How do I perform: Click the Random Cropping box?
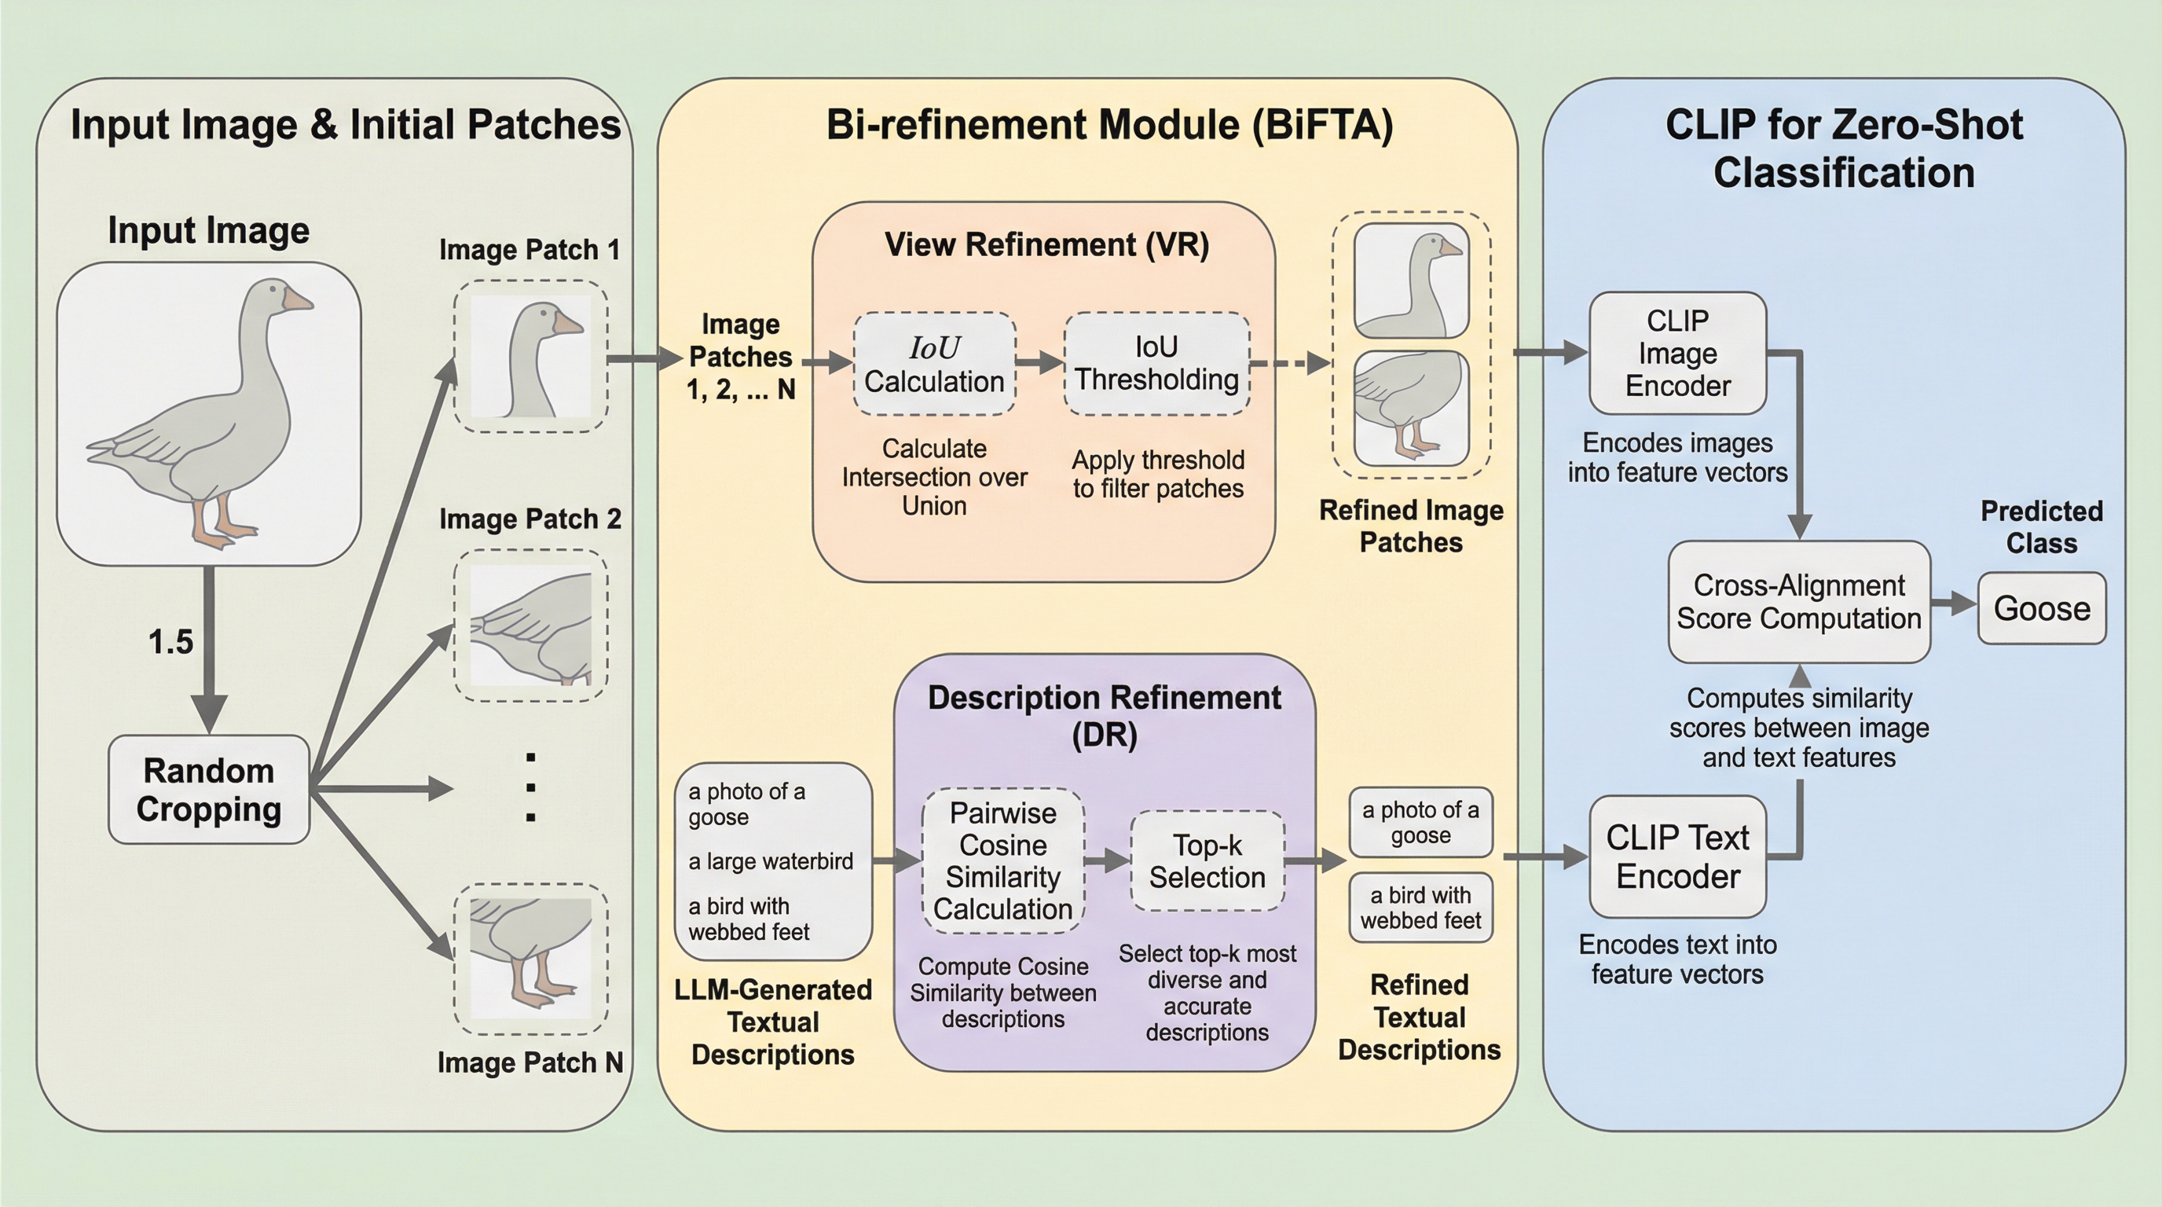[209, 789]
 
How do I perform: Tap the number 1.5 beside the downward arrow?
[170, 642]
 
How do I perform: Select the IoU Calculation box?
[934, 365]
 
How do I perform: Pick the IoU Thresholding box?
[1156, 364]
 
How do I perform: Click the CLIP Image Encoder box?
[1677, 354]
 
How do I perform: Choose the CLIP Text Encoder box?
[1677, 857]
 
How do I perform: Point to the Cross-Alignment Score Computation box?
[1798, 602]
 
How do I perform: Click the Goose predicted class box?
[2041, 608]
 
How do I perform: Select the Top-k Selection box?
[1207, 861]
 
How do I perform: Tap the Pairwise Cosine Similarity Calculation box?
[1003, 861]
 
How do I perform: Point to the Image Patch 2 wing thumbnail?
[530, 626]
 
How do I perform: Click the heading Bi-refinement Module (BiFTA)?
[1109, 125]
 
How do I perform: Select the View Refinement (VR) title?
[1046, 245]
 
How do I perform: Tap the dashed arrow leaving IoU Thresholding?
[1290, 364]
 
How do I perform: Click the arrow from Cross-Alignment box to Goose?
[1954, 603]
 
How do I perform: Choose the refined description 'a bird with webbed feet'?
[1420, 908]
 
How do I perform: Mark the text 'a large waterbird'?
[771, 861]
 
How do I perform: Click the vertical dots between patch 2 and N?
[530, 787]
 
